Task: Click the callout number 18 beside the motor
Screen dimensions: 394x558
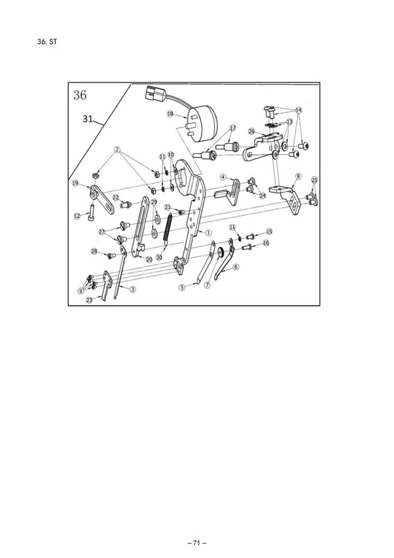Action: (x=170, y=114)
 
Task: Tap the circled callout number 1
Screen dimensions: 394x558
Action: (x=208, y=232)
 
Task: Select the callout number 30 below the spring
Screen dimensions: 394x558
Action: (x=159, y=257)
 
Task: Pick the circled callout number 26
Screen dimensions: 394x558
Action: (x=251, y=132)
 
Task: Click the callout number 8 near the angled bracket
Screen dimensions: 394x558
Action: (x=298, y=176)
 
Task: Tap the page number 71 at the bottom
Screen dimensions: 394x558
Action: (x=197, y=543)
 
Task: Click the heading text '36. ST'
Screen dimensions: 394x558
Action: (x=47, y=41)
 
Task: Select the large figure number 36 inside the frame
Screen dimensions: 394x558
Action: (x=80, y=95)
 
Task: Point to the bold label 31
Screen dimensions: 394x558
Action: (x=88, y=118)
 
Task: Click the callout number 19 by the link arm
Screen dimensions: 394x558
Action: (x=75, y=183)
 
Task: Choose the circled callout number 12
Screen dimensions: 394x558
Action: (x=77, y=216)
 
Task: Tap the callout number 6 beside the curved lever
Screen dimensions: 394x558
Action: (x=236, y=266)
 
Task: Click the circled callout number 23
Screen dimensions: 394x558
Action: (x=89, y=300)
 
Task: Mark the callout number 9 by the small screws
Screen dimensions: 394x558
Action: (x=81, y=291)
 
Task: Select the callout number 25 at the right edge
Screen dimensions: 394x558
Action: (x=314, y=180)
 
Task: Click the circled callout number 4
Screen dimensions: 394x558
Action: (x=223, y=177)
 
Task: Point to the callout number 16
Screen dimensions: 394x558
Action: (x=266, y=243)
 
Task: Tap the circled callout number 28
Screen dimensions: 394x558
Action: (x=94, y=252)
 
